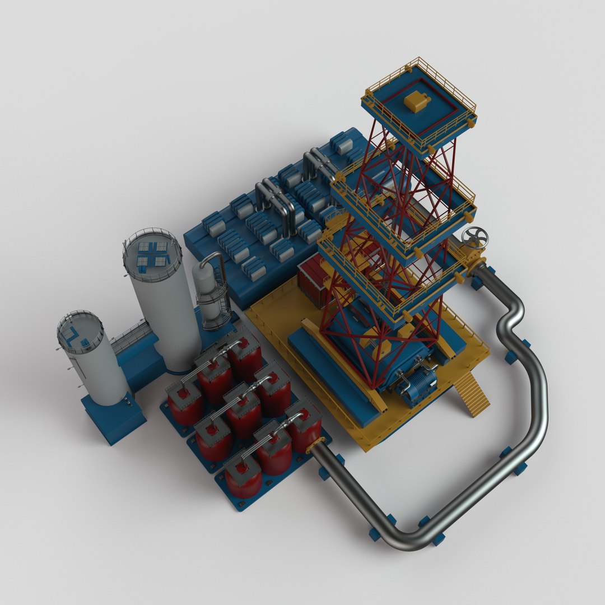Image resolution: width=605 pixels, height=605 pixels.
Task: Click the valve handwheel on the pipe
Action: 475,238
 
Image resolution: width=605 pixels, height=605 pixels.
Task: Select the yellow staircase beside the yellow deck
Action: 471,395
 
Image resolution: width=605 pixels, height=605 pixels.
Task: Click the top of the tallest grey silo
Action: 152,254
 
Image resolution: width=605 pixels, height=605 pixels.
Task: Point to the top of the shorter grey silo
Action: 80,332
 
